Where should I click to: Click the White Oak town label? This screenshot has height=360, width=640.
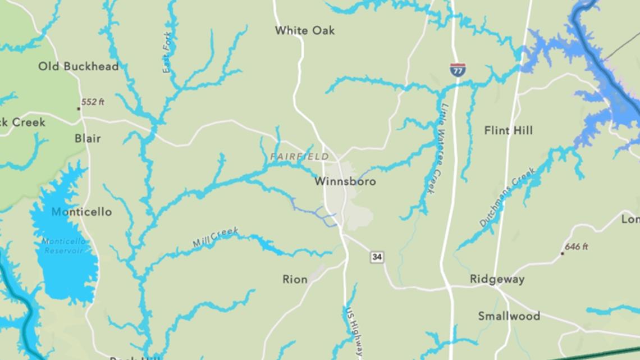[x=304, y=30]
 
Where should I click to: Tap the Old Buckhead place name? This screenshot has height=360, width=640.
[x=79, y=66]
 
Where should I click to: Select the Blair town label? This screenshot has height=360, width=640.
[x=88, y=138]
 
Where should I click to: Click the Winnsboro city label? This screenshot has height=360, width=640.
[x=345, y=181]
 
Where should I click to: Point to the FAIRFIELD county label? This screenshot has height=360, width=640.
[x=299, y=156]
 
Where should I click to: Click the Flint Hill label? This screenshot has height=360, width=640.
[x=508, y=130]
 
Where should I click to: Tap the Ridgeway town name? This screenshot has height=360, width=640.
[x=497, y=279]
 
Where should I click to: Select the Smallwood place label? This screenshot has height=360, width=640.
[x=509, y=316]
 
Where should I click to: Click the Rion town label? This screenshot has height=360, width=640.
[x=295, y=279]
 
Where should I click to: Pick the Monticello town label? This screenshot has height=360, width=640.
[x=81, y=212]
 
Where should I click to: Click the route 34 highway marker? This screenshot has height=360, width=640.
[x=377, y=257]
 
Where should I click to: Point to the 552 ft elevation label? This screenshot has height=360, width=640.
[x=93, y=102]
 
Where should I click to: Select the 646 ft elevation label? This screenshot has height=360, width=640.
[x=577, y=247]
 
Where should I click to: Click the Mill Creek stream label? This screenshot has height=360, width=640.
[x=216, y=237]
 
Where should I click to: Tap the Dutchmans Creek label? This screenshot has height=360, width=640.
[x=508, y=197]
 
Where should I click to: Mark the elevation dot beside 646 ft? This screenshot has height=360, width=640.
[x=562, y=253]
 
